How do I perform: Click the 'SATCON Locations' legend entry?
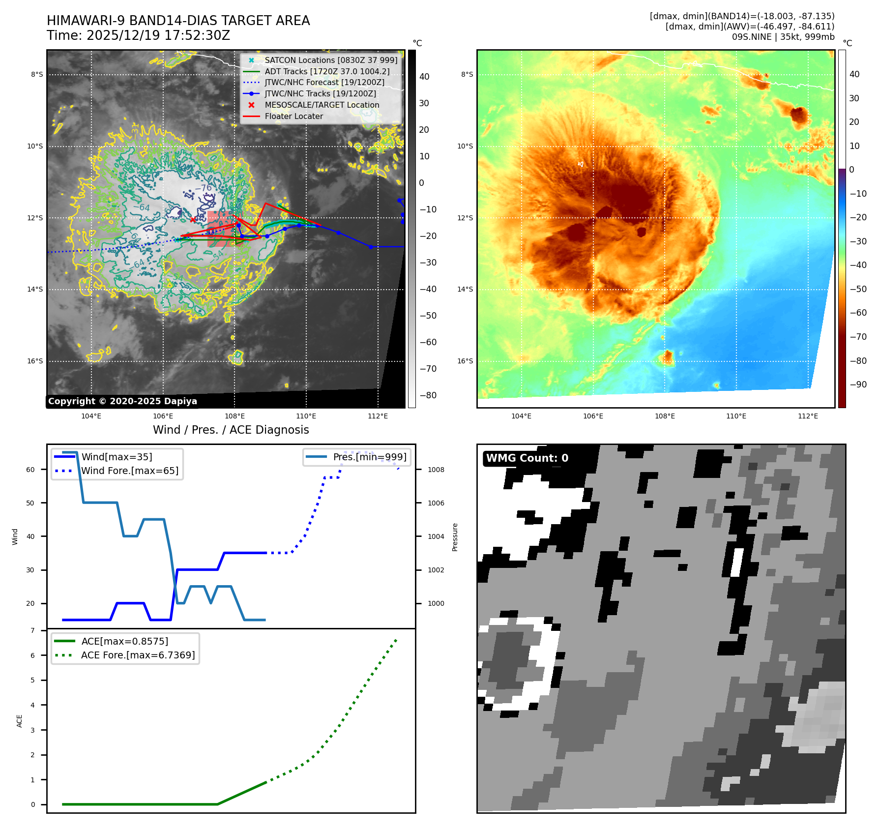tap(330, 60)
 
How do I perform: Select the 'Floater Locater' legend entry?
tap(293, 117)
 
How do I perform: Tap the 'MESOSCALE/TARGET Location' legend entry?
tap(322, 105)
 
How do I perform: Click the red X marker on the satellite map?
tap(193, 220)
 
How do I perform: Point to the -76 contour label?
tap(203, 188)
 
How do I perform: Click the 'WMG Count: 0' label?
tap(527, 458)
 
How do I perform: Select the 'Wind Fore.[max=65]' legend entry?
tap(130, 471)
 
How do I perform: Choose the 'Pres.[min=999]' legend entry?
tap(369, 457)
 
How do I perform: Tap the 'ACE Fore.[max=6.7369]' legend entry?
tap(138, 655)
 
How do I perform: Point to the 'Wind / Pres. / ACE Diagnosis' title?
tap(231, 430)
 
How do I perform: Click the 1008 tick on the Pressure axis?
tap(436, 470)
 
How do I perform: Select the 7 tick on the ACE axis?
tap(33, 631)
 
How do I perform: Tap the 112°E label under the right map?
tap(808, 416)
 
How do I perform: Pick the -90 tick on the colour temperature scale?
tap(858, 385)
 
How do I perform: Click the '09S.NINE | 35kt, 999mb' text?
tap(783, 37)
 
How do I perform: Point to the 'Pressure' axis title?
tap(455, 537)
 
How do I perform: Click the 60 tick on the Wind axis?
tap(30, 470)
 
